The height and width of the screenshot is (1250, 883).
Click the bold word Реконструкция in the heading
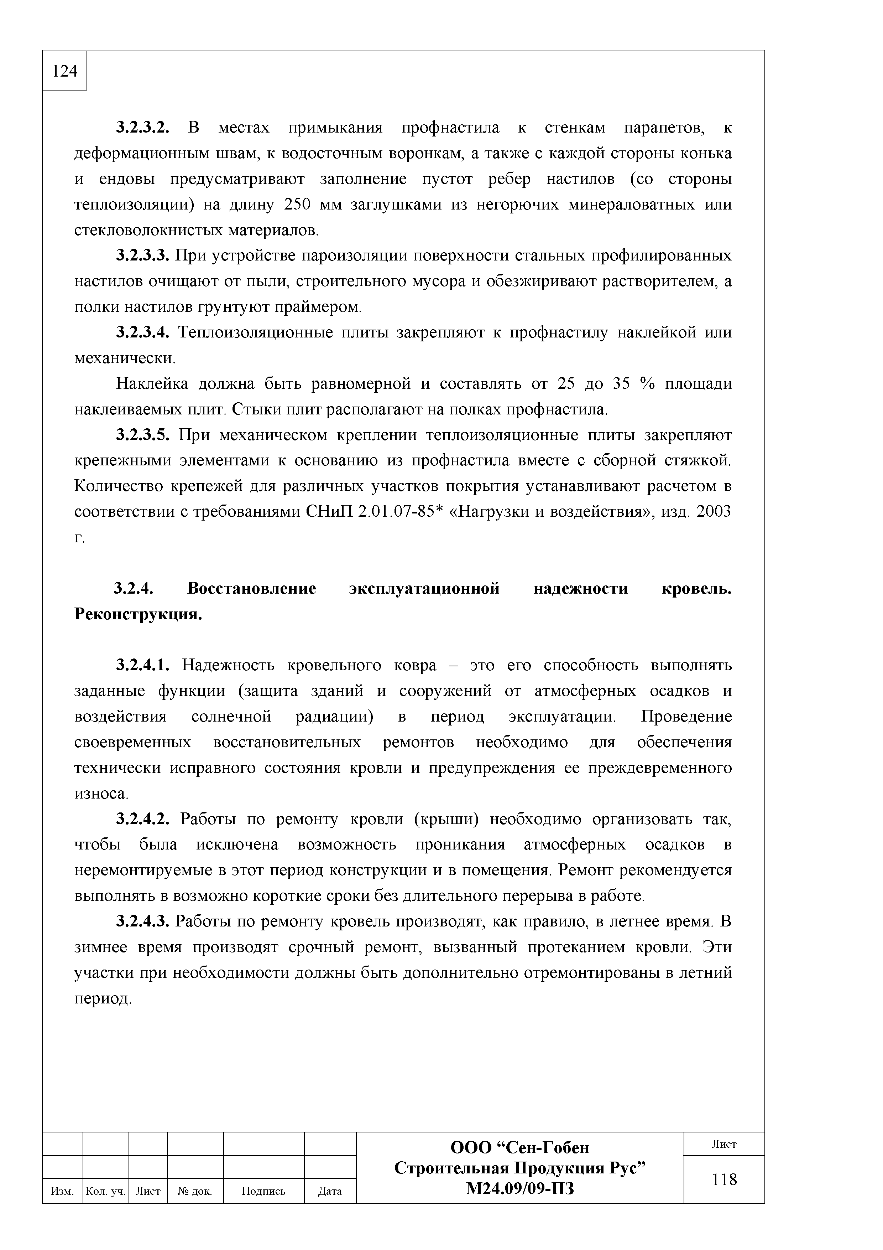point(138,615)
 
